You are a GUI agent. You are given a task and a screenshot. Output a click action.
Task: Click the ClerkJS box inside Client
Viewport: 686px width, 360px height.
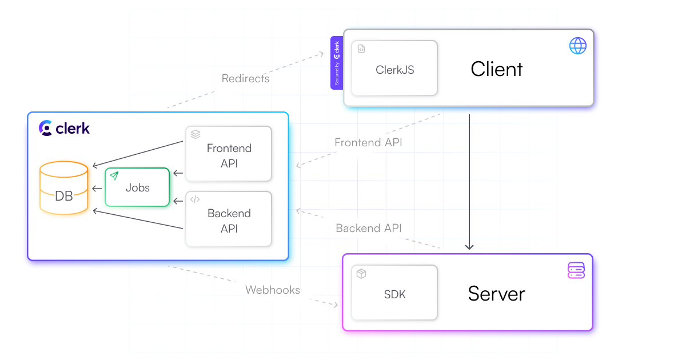[394, 68]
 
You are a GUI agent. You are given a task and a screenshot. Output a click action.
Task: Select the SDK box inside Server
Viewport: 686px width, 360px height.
[394, 293]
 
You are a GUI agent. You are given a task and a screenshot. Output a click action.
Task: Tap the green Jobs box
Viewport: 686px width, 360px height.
[137, 187]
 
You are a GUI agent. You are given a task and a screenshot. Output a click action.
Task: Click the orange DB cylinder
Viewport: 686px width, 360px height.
[64, 189]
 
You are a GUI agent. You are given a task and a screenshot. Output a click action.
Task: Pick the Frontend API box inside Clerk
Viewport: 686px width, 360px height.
[229, 154]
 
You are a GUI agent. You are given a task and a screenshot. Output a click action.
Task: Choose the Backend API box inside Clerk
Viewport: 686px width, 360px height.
[229, 219]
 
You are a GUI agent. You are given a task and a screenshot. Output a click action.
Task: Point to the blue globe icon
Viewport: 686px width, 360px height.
[578, 46]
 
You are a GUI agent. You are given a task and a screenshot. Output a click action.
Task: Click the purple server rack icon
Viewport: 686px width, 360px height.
[576, 270]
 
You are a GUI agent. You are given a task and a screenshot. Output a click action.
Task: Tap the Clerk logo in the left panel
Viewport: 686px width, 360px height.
[65, 128]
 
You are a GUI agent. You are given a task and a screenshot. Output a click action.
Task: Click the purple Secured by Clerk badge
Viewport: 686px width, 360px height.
[337, 63]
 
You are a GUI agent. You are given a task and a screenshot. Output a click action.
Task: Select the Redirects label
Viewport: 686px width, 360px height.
[245, 78]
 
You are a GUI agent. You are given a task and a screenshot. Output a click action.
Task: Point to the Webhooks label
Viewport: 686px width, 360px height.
[273, 290]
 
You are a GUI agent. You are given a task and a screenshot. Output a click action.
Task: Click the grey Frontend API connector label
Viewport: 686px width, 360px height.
[368, 142]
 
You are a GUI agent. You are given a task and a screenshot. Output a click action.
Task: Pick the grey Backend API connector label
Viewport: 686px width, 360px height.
[369, 228]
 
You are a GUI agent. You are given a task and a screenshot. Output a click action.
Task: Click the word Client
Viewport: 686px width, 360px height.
[496, 69]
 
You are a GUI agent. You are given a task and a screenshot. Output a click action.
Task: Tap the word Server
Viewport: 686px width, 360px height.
[496, 294]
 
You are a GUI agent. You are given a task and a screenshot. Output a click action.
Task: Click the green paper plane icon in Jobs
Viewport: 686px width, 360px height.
[114, 175]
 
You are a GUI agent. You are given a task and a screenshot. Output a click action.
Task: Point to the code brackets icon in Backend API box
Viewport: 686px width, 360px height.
[195, 199]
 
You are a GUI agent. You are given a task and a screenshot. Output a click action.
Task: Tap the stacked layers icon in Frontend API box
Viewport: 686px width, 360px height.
[196, 134]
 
